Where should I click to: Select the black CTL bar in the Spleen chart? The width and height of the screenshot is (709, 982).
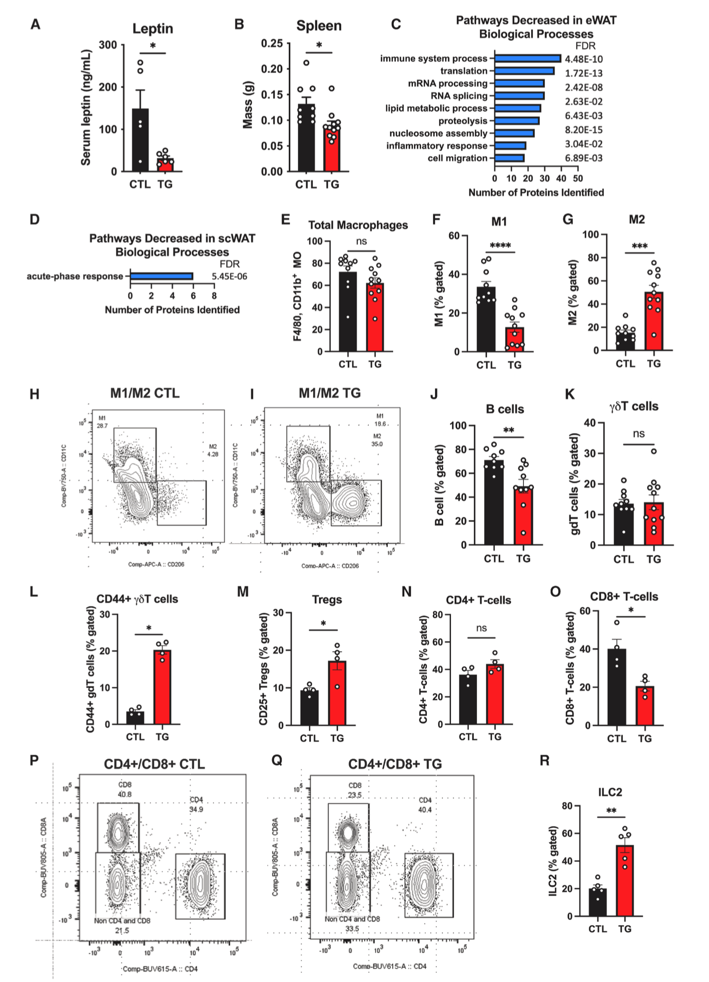306,138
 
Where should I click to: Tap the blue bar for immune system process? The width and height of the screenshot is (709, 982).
527,59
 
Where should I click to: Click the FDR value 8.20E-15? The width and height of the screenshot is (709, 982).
584,130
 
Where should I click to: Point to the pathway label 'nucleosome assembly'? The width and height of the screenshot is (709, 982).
438,134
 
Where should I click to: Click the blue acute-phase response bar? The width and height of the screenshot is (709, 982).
161,276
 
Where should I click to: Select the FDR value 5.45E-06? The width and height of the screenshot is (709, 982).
229,277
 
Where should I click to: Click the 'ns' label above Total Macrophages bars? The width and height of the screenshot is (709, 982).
361,242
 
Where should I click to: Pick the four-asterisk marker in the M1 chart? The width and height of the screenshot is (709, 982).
500,246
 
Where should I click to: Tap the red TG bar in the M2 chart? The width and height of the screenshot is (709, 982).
653,321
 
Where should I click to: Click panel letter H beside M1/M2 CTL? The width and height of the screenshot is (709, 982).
34,394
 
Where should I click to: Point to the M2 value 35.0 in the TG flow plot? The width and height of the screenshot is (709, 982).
377,444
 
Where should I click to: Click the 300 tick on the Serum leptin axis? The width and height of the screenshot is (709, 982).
108,45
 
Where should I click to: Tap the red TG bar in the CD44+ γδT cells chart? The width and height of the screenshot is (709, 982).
162,687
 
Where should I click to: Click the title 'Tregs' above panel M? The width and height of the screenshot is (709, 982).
327,600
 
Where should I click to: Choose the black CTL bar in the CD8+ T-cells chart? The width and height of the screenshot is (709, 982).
616,687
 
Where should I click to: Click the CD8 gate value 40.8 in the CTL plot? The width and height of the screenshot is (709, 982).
125,794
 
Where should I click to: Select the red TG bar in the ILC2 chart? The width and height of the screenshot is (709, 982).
625,880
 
